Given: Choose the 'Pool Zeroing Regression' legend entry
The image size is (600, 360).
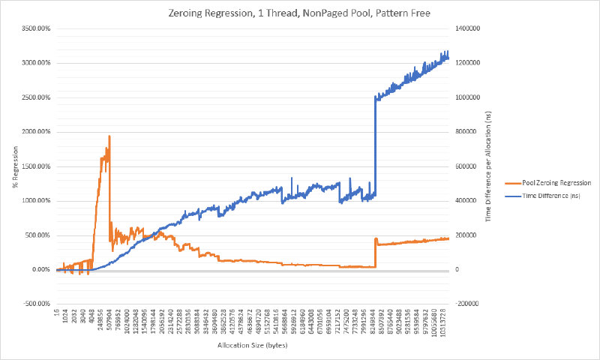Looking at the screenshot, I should coord(544,182).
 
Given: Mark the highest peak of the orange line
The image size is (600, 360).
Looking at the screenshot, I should coord(109,136).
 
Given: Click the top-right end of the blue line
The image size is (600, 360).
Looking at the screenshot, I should coord(448,52).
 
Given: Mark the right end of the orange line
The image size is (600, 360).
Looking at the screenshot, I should coord(448,238).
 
